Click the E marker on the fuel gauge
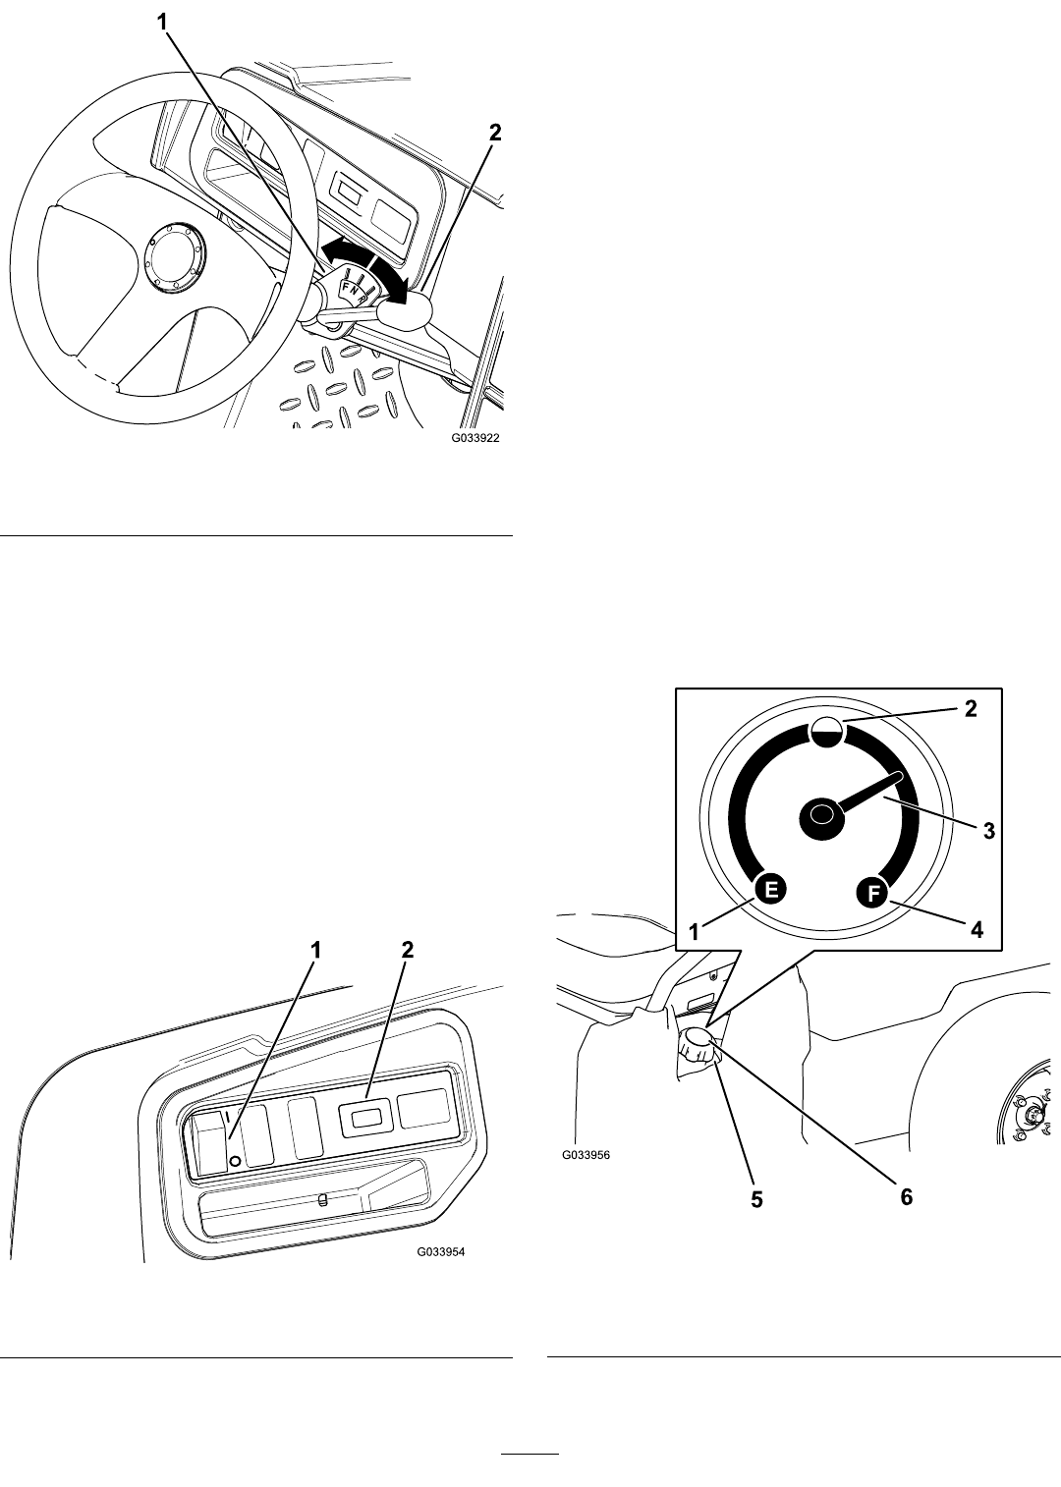(x=771, y=890)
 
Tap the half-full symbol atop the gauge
(x=826, y=733)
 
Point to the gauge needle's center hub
(x=822, y=817)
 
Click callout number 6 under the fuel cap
(x=906, y=1197)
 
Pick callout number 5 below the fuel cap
(x=756, y=1199)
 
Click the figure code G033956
(x=586, y=1155)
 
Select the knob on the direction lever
(x=404, y=311)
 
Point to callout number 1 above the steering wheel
(x=162, y=22)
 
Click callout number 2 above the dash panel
(x=408, y=950)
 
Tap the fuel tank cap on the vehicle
(x=698, y=1050)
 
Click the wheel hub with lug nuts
(x=1031, y=1115)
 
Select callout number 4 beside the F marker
(x=976, y=928)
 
